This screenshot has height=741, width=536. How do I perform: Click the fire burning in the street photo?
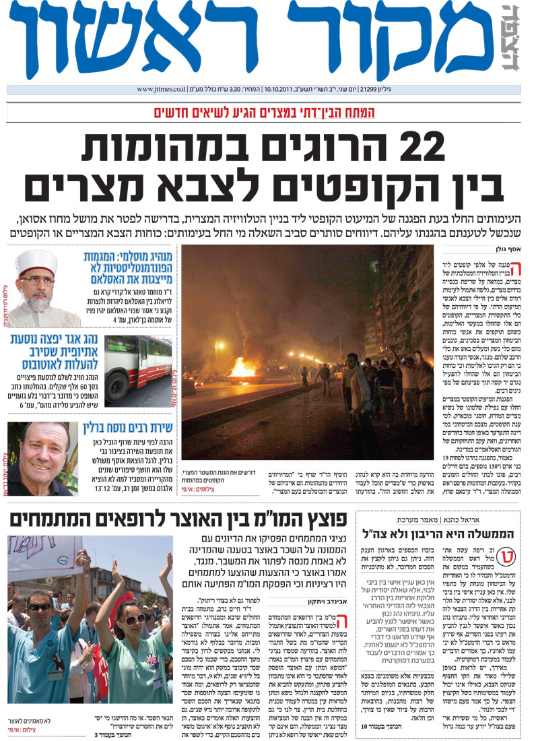click(240, 366)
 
